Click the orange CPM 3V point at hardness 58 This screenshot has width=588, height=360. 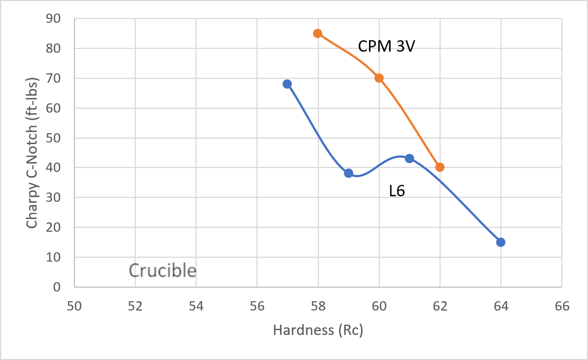(317, 33)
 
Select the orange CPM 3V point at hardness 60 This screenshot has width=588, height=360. (379, 78)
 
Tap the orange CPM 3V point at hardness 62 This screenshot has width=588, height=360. (440, 167)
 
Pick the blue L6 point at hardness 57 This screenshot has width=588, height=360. (287, 84)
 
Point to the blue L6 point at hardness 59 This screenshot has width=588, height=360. (348, 173)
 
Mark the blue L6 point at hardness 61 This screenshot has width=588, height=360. (410, 158)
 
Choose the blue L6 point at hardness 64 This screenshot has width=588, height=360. (501, 242)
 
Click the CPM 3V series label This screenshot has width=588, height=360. (386, 46)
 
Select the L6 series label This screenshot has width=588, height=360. (397, 191)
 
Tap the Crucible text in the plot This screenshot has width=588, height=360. (162, 270)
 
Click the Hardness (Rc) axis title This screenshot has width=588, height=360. (318, 330)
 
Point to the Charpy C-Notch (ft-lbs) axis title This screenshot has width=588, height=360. (32, 153)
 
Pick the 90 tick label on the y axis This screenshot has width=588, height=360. (53, 18)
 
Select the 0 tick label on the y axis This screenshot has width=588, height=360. (57, 287)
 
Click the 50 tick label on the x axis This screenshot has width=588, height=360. (74, 306)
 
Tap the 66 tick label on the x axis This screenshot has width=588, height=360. (562, 306)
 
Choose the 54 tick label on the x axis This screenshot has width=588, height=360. (196, 306)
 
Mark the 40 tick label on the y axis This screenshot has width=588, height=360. (53, 167)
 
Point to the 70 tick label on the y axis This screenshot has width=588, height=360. (53, 78)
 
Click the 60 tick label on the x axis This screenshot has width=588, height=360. (379, 306)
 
